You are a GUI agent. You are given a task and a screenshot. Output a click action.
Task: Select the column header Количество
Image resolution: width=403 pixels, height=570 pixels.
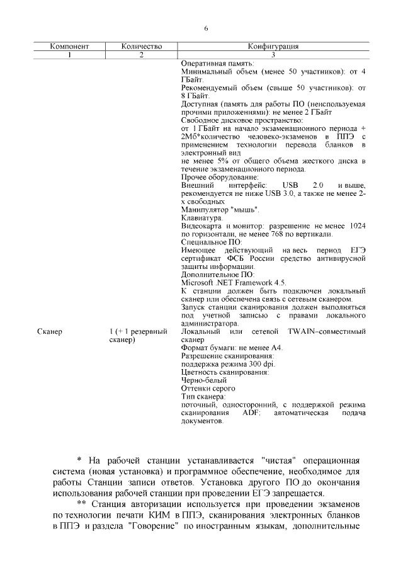[142, 46]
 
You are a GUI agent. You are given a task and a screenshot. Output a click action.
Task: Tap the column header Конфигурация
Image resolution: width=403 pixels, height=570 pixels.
[273, 46]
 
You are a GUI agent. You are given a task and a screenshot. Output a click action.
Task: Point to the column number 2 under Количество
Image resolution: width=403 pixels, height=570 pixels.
[142, 55]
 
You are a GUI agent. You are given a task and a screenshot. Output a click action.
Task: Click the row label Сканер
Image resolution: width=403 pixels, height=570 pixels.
[50, 331]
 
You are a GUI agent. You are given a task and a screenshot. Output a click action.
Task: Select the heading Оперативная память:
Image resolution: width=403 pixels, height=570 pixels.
[217, 64]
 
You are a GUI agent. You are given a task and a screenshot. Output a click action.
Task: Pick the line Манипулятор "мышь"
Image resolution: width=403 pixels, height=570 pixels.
[220, 209]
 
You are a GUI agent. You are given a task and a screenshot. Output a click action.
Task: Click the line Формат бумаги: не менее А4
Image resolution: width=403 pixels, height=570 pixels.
[232, 348]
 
